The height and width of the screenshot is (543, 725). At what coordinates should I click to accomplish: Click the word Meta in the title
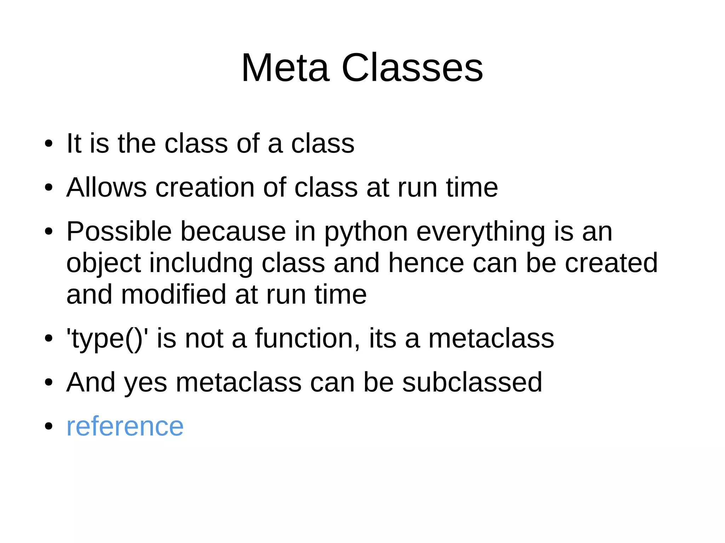tap(285, 68)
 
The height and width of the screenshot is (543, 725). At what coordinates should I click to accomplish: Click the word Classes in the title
tap(412, 68)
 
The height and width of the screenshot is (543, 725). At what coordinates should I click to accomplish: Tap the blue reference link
tap(125, 426)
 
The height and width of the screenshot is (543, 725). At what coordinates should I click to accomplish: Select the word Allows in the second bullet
tap(107, 187)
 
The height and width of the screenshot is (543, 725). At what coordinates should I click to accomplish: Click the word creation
tap(205, 187)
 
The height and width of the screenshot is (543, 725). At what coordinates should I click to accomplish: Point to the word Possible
tap(119, 231)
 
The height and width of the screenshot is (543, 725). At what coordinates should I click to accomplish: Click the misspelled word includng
tap(201, 264)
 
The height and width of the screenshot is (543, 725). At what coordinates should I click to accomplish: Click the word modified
tap(173, 294)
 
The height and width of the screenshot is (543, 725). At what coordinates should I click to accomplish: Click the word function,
tap(307, 338)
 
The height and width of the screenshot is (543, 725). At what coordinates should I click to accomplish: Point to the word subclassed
tap(472, 382)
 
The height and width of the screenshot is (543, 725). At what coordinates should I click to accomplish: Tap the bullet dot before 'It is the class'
tap(49, 144)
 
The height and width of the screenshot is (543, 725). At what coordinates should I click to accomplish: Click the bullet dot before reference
tap(49, 427)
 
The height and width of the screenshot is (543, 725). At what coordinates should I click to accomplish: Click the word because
tap(233, 231)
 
